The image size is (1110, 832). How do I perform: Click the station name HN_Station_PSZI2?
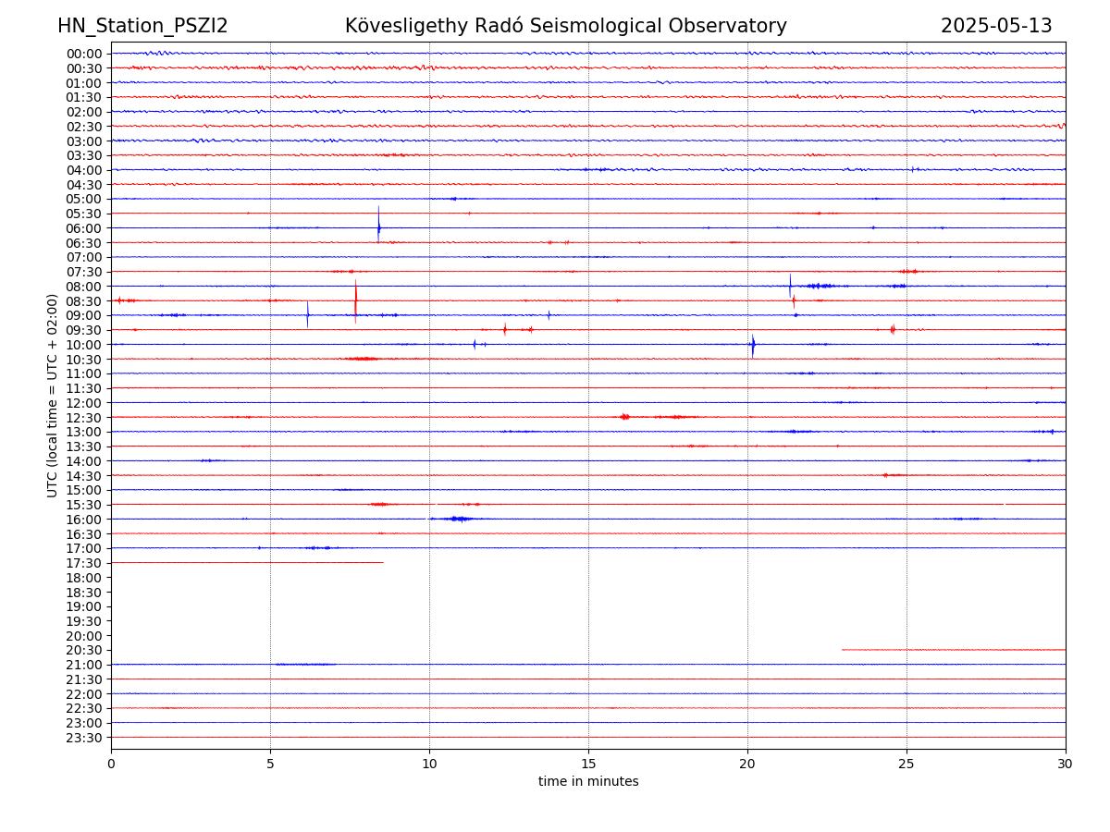[142, 26]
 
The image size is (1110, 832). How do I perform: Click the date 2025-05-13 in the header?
[996, 26]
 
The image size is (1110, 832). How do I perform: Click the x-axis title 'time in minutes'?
[588, 782]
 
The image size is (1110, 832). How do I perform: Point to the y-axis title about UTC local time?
[53, 395]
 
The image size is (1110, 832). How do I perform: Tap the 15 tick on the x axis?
[588, 764]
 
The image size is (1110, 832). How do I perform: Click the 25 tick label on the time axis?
[906, 764]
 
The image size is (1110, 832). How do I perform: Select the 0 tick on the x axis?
[111, 764]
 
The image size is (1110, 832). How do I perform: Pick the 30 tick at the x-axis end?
[1066, 764]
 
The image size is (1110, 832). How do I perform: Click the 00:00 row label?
[84, 54]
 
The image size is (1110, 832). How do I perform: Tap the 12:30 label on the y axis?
[84, 418]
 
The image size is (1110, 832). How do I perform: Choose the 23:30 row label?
[84, 738]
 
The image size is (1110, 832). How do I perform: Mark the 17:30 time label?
[84, 563]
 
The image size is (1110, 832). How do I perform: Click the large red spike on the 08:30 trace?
[355, 300]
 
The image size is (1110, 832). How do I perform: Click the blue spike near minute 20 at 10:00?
[753, 345]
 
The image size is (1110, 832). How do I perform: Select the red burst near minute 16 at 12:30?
[625, 417]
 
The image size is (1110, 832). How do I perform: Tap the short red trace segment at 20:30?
[953, 650]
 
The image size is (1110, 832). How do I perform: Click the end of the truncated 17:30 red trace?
[382, 562]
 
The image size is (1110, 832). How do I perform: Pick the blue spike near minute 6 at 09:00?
[308, 314]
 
